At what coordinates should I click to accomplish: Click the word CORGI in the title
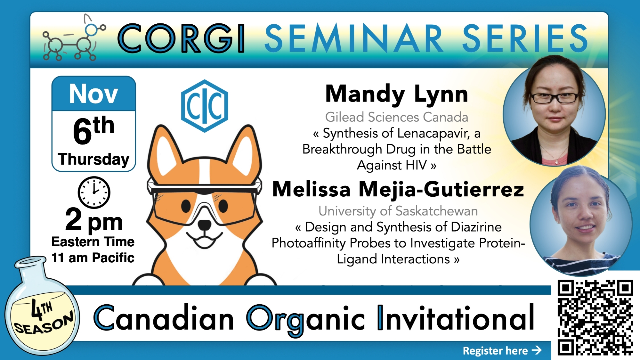182,38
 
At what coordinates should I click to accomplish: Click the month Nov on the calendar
93,94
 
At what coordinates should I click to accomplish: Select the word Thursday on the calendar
93,159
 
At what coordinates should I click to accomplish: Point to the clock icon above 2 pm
94,192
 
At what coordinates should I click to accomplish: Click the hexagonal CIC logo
205,106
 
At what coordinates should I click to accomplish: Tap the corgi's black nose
204,225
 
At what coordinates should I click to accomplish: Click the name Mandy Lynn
397,94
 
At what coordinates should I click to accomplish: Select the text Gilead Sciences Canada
397,117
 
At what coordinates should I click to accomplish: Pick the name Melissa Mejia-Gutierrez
398,189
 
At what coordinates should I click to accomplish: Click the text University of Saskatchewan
398,211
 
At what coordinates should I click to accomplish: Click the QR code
595,317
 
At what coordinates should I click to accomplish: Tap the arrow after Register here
537,350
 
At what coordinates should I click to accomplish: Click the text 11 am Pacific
93,258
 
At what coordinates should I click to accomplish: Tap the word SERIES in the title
525,38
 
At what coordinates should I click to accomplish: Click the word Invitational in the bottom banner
456,318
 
